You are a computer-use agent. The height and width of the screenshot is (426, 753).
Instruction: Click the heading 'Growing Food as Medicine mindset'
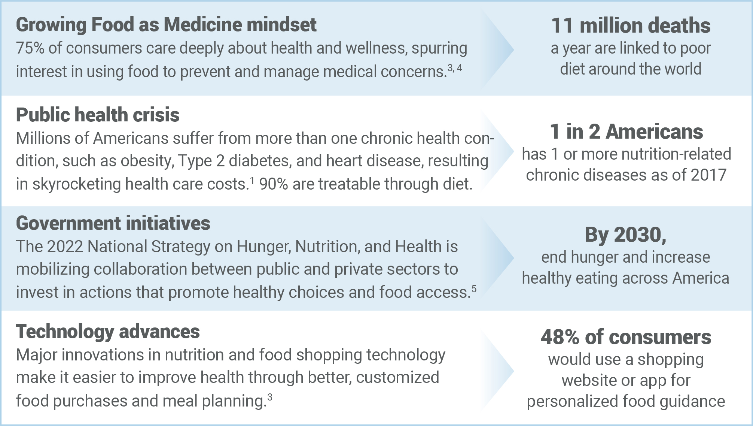[166, 25]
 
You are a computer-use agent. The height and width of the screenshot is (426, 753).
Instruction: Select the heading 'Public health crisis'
[98, 115]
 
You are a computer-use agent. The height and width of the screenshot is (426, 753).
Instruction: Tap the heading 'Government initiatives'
[113, 223]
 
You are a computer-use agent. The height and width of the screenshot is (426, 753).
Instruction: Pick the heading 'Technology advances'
[108, 332]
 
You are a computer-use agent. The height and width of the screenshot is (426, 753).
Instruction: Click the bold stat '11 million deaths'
[631, 25]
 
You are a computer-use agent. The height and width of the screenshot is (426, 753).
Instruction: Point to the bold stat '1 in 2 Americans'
[626, 132]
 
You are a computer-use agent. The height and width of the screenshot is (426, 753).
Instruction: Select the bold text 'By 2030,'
[625, 235]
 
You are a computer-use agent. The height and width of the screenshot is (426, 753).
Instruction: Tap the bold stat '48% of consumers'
[626, 337]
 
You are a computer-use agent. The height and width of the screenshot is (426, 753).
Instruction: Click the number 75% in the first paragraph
[30, 48]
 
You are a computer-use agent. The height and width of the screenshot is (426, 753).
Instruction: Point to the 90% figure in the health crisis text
[273, 184]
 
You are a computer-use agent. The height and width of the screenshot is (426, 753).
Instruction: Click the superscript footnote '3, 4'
[455, 68]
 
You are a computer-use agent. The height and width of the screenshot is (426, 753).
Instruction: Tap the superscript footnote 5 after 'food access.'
[474, 288]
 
